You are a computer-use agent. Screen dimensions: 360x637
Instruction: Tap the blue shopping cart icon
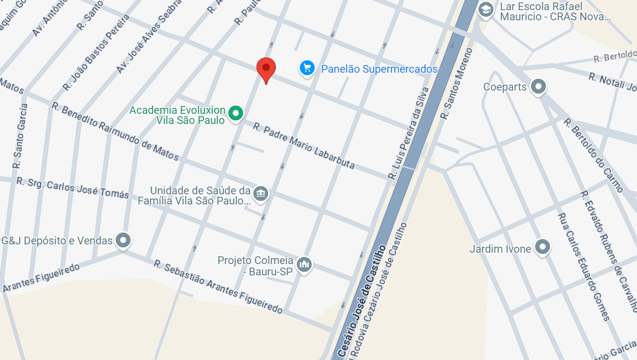[307, 69]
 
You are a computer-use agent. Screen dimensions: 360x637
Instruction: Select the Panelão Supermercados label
[379, 69]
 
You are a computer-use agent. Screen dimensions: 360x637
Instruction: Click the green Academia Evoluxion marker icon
[236, 113]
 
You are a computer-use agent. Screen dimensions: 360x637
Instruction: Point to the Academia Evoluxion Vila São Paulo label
[178, 115]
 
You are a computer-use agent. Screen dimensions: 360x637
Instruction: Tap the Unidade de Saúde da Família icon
[260, 193]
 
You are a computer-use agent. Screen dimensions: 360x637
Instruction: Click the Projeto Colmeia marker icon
[304, 263]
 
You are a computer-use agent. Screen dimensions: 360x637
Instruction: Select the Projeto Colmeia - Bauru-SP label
[256, 266]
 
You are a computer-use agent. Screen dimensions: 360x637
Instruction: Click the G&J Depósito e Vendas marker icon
[123, 241]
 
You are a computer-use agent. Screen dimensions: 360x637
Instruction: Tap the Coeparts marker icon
[539, 87]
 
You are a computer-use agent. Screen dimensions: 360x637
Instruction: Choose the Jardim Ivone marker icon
[542, 247]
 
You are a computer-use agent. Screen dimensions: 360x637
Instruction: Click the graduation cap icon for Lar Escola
[486, 10]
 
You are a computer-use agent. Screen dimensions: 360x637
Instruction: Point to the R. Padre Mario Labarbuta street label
[304, 146]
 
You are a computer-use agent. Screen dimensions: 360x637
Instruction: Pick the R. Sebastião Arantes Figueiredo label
[217, 287]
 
